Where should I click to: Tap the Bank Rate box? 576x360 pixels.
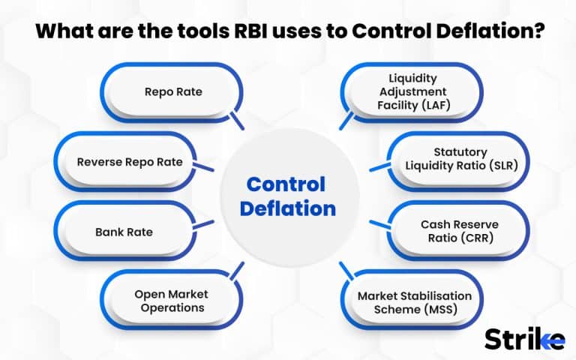124,232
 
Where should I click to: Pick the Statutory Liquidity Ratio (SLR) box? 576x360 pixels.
460,162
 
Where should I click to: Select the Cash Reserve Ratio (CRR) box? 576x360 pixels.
460,231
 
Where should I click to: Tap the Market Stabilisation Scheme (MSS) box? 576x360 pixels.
415,300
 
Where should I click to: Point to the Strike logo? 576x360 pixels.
524,337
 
